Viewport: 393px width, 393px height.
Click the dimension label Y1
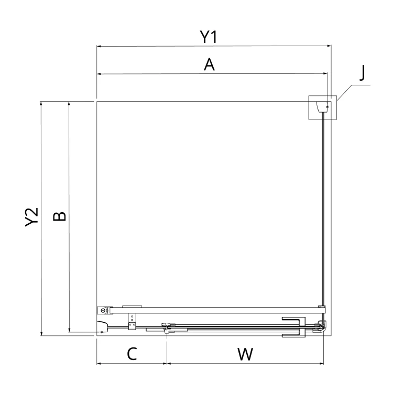click(208, 37)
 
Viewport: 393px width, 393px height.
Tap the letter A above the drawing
click(209, 64)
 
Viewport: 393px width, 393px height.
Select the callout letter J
click(362, 73)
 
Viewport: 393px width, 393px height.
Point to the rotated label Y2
click(32, 217)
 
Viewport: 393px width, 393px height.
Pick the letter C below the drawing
click(132, 354)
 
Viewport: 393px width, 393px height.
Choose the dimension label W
click(245, 354)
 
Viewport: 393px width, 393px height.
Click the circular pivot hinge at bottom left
click(103, 311)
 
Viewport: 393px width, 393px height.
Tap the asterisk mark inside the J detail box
click(327, 107)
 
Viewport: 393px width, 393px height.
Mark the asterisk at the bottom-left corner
click(102, 332)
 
